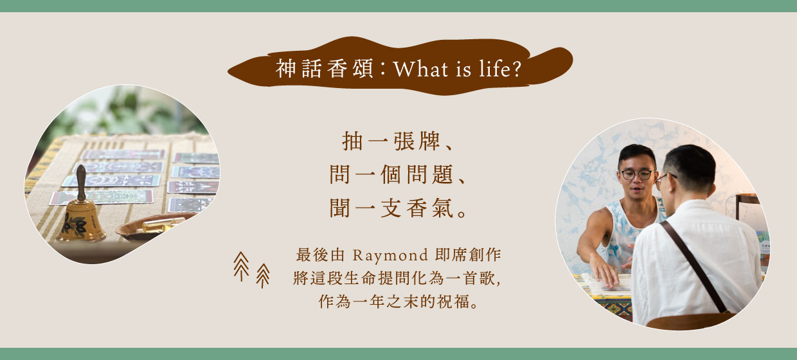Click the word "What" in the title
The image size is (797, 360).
pyautogui.click(x=420, y=69)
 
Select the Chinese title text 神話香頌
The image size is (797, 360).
pyautogui.click(x=324, y=68)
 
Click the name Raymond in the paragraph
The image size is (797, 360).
pyautogui.click(x=390, y=255)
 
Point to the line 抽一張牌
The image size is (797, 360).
pyautogui.click(x=397, y=141)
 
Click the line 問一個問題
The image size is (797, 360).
pyautogui.click(x=397, y=174)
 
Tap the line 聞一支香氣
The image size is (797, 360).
pyautogui.click(x=397, y=208)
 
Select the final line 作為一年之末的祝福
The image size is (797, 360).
pyautogui.click(x=398, y=301)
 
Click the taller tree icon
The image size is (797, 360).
pyautogui.click(x=241, y=266)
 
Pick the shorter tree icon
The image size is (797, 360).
pyautogui.click(x=263, y=275)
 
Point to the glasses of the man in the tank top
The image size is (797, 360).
pyautogui.click(x=637, y=174)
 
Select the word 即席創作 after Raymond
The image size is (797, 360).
pyautogui.click(x=468, y=255)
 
